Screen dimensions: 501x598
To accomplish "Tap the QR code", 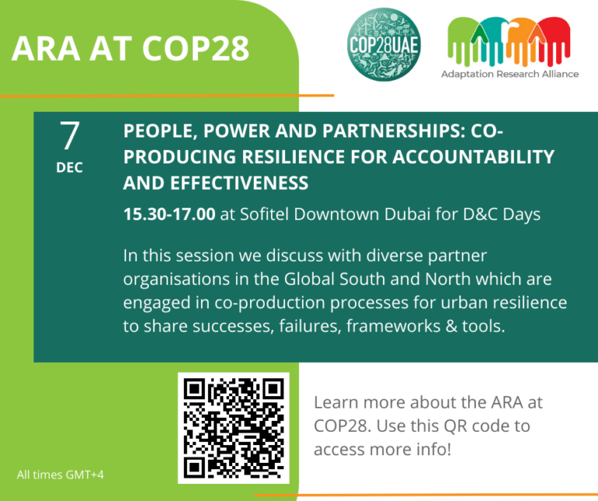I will [234, 428].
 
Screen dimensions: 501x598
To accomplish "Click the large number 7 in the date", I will [70, 135].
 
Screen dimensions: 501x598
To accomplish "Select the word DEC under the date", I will [70, 167].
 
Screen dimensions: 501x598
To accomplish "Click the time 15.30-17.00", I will [169, 214].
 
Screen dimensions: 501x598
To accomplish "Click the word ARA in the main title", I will [44, 49].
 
